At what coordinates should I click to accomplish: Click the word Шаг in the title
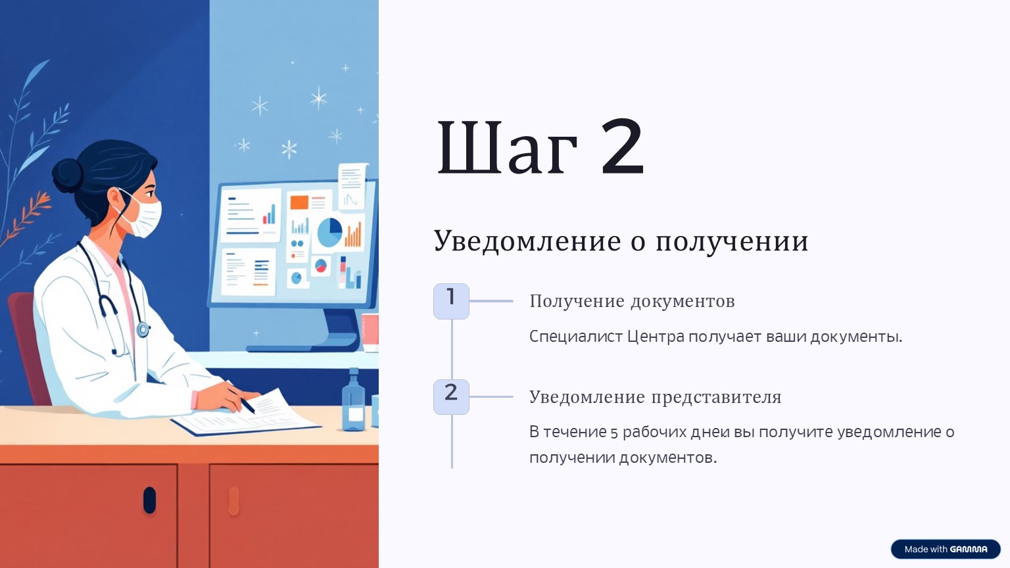tap(507, 147)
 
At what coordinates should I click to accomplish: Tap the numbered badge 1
tap(451, 301)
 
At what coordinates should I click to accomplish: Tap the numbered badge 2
tap(451, 396)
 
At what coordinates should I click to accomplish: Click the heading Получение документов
tap(632, 302)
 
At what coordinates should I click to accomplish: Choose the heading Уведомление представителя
tap(655, 397)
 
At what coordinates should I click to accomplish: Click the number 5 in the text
tap(613, 433)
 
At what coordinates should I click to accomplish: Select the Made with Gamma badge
tap(946, 549)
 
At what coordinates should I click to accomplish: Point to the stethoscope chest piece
tap(143, 329)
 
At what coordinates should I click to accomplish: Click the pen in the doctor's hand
tap(243, 400)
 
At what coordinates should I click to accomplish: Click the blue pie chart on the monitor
tap(329, 232)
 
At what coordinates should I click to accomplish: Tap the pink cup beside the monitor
tap(370, 333)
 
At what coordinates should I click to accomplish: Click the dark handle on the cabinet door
tap(149, 500)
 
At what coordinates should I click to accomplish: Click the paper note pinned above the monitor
tap(352, 186)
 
